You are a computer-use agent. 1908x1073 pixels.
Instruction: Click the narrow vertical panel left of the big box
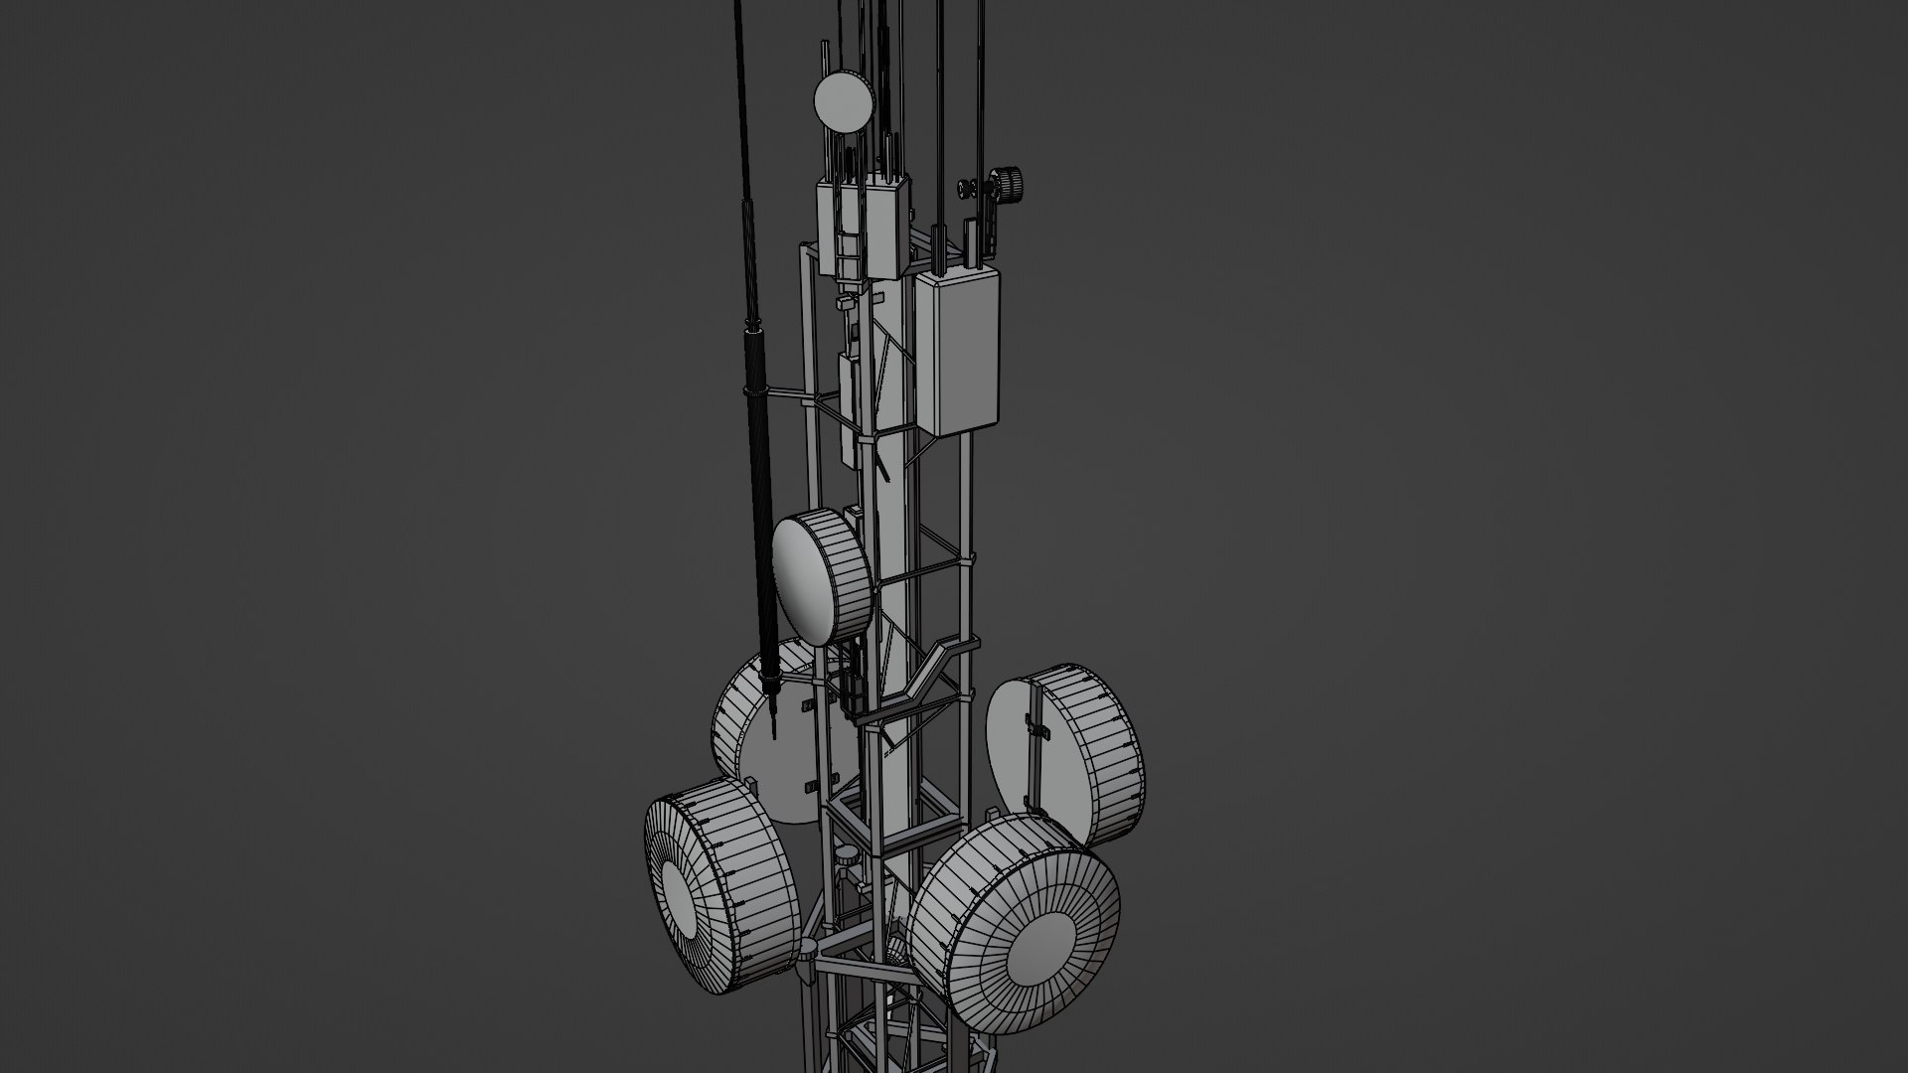click(850, 397)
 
